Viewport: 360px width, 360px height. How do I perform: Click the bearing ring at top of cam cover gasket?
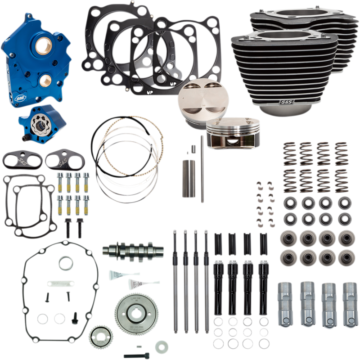66,262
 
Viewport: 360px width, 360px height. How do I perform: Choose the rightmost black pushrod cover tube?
262,279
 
